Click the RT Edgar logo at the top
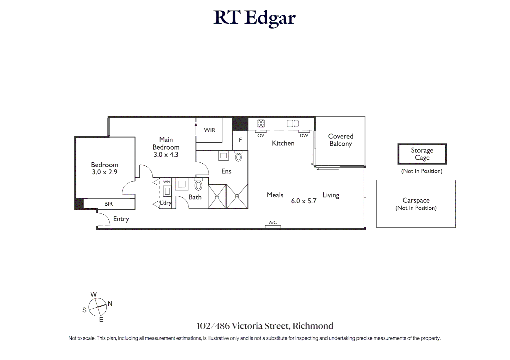[254, 18]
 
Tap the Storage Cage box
[422, 154]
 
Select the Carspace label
[416, 200]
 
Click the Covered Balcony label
[340, 140]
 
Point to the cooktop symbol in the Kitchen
[261, 124]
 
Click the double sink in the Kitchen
[293, 124]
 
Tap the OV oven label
[261, 136]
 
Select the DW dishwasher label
[304, 136]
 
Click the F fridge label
[240, 140]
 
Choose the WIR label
[209, 130]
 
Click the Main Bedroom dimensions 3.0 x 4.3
[166, 155]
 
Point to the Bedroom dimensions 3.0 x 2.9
[104, 172]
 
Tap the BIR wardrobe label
[108, 204]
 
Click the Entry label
[121, 219]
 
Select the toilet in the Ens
[238, 157]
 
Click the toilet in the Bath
[198, 185]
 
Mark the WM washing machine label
[166, 182]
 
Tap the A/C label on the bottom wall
[273, 222]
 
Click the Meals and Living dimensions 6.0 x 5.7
[304, 201]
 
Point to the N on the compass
[110, 304]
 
